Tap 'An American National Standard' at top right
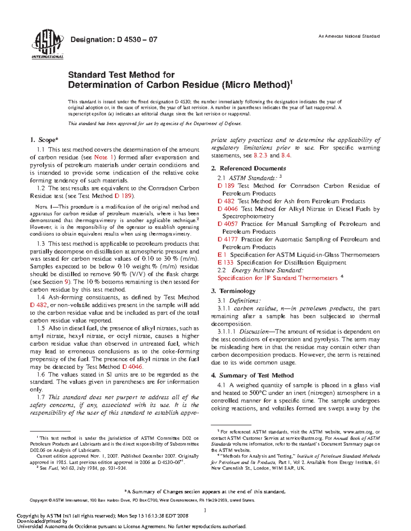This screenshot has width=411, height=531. click(349, 36)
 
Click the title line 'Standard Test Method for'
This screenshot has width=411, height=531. click(121, 75)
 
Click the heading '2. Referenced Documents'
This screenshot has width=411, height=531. click(248, 168)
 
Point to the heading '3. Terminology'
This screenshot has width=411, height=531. click(233, 291)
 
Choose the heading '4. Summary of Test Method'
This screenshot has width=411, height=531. click(252, 375)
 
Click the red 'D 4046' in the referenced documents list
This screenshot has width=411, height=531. click(227, 209)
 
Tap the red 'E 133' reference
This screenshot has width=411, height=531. click(225, 263)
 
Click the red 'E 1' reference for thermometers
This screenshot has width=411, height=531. click(222, 255)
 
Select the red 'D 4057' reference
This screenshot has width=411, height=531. click(227, 224)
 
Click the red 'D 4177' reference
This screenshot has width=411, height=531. click(227, 239)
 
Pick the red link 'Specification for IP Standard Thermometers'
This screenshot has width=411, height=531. click(277, 278)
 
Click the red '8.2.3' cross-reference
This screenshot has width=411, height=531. click(260, 156)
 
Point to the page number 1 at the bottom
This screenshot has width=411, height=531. click(205, 510)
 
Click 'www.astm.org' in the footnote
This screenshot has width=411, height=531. click(358, 432)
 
